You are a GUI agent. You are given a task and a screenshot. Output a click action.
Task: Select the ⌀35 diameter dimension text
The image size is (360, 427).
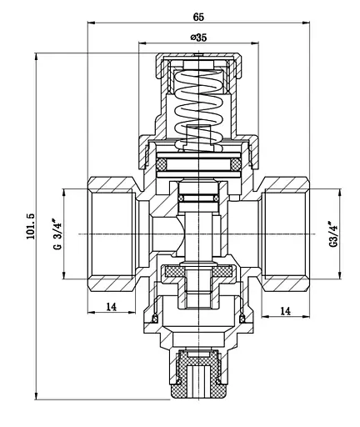(x=198, y=38)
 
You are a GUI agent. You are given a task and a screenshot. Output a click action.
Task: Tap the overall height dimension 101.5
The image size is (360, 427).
(x=30, y=226)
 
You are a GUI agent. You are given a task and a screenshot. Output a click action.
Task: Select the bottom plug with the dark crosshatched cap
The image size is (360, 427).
(x=198, y=379)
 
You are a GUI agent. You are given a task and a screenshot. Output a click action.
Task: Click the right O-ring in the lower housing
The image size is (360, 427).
(x=243, y=318)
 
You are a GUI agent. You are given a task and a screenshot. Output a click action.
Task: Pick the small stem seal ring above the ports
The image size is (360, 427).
(x=198, y=198)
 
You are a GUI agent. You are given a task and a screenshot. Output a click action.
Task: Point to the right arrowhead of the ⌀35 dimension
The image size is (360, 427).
(x=257, y=43)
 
